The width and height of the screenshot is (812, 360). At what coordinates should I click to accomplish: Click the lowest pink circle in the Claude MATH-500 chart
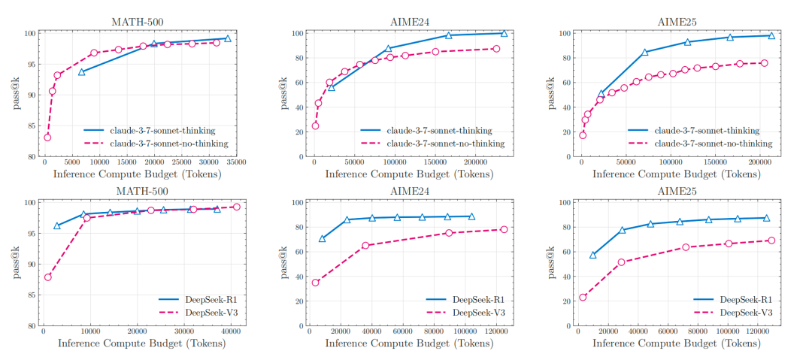coord(47,138)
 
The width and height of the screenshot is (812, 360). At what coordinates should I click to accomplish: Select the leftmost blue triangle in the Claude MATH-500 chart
coord(81,71)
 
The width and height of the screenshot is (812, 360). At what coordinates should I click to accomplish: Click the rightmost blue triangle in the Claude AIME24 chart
coord(504,33)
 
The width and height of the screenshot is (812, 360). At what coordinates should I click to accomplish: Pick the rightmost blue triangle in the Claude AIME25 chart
coord(771,35)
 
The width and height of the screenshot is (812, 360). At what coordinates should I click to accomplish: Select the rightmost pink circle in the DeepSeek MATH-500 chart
coord(236,207)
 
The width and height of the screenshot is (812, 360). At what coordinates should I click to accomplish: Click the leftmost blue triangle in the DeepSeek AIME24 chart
coord(323,238)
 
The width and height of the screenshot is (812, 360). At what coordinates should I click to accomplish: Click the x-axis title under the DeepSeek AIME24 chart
coord(409,345)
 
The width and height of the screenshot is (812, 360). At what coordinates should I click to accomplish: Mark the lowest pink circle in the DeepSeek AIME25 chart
coord(583,298)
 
